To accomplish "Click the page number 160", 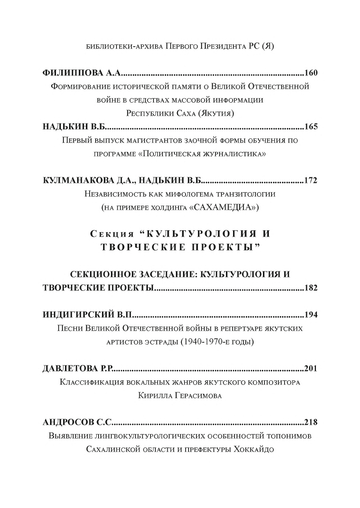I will coord(311,73).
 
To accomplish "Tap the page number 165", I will coord(311,127).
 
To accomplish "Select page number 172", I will coord(311,180).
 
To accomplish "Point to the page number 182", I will coord(311,288).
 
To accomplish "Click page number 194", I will coord(311,315).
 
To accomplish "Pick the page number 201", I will coord(311,368).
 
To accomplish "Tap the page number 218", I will coord(311,422).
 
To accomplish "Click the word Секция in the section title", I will coord(112,234).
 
